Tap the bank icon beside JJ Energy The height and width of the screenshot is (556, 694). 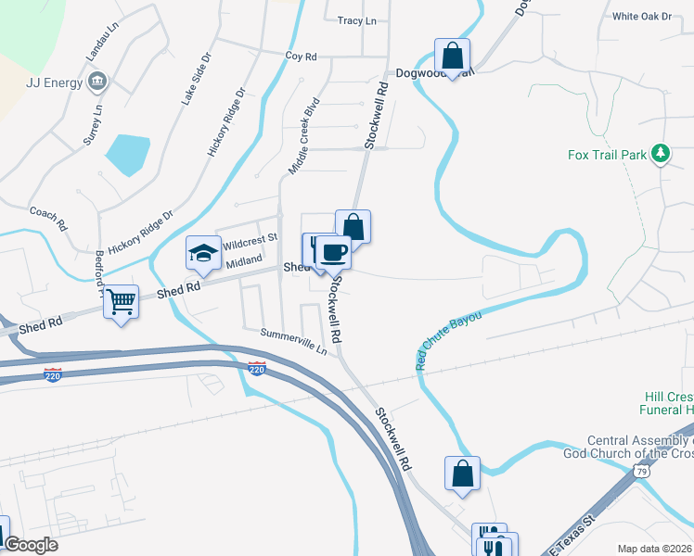96,82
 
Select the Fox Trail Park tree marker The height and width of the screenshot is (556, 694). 660,153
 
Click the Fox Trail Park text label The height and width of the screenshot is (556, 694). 607,155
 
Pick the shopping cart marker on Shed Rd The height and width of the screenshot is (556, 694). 121,302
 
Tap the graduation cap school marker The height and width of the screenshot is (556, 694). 203,253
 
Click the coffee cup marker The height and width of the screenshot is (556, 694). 334,252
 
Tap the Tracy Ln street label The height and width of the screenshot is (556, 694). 357,20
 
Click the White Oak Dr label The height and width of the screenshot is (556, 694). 641,16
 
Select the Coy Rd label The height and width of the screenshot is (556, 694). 302,57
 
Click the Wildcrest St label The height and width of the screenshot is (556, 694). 251,238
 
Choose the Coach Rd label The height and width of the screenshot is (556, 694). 49,219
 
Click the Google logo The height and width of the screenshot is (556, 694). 32,545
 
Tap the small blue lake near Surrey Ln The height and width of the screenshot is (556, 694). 128,154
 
